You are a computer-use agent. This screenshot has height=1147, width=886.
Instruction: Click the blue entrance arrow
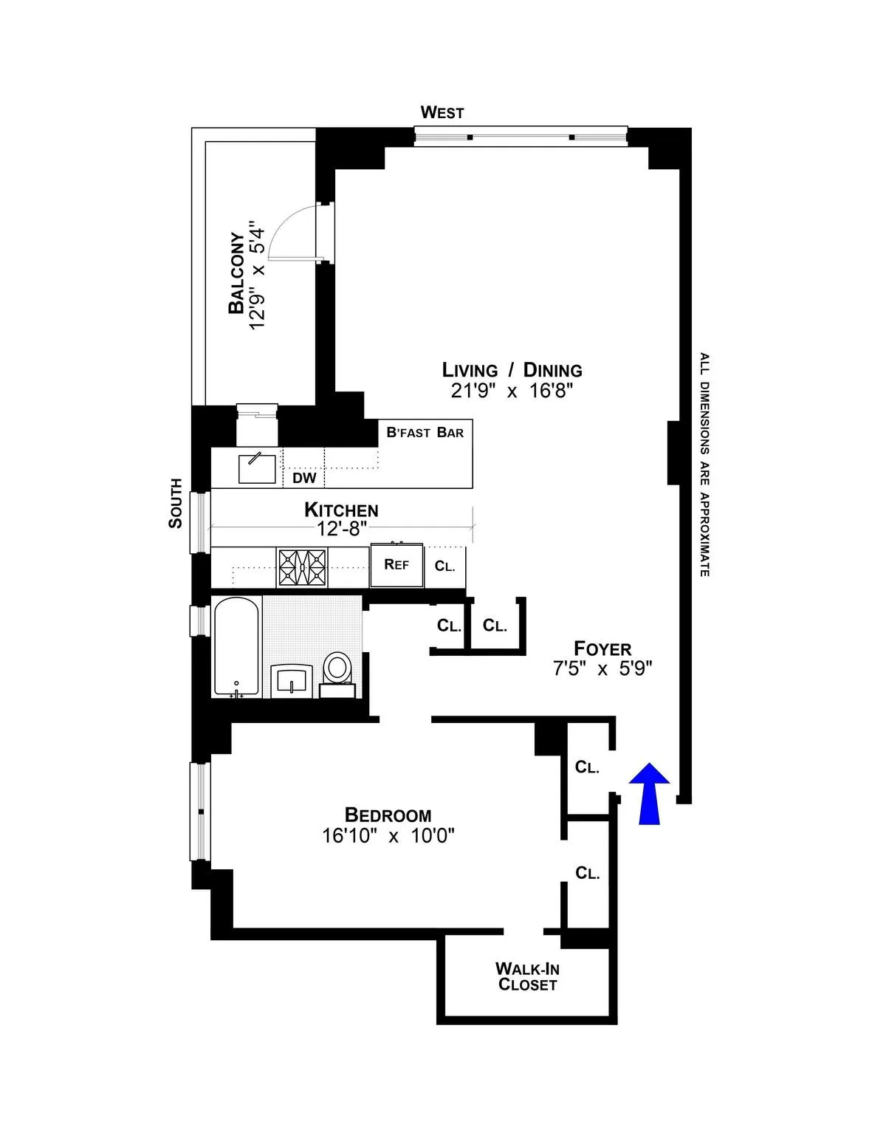pos(650,794)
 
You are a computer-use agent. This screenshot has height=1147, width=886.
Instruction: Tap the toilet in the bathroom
pos(337,668)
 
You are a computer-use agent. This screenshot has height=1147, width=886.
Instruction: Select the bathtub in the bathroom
pos(236,647)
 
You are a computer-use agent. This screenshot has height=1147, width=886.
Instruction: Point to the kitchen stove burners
pos(301,567)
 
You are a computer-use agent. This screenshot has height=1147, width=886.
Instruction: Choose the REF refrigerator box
pos(396,565)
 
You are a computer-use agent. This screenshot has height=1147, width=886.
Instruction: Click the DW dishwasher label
pos(304,478)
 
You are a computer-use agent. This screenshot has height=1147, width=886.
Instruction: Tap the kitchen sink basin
pos(257,469)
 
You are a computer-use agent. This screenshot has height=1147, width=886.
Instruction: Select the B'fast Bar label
pos(425,432)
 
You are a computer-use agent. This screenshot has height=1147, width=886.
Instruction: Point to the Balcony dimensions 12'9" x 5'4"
pos(256,275)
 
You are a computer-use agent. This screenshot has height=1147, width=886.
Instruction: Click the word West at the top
pos(442,113)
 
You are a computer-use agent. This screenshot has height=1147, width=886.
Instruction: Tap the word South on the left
pos(176,503)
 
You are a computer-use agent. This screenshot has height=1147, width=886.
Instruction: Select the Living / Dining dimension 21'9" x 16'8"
pos(512,391)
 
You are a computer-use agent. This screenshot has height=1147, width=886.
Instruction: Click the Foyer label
pos(602,648)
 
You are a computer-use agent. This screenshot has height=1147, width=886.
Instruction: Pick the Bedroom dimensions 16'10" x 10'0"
pos(388,835)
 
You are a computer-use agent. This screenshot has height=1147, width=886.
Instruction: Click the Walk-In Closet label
pos(527,976)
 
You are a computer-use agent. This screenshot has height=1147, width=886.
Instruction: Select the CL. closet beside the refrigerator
pos(444,566)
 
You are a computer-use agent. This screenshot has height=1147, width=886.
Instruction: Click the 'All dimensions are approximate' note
pos(704,465)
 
